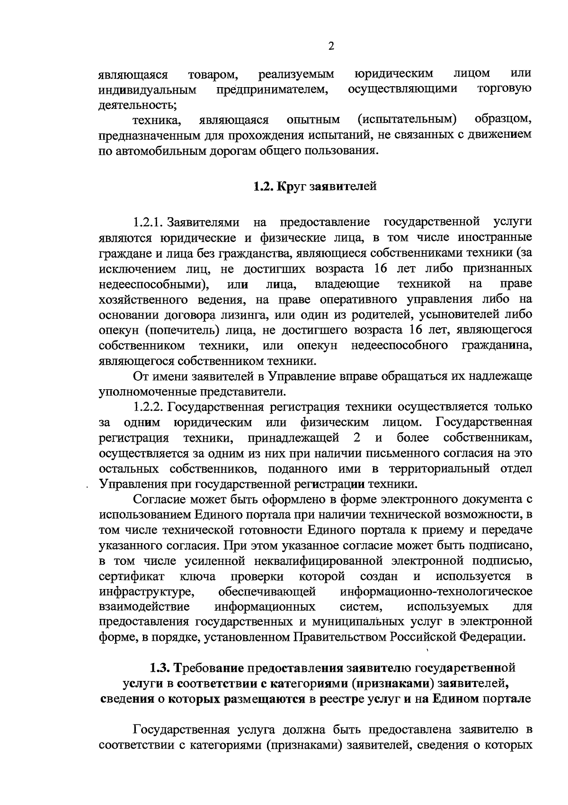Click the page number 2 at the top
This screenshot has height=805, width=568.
click(331, 46)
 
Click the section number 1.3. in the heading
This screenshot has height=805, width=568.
click(160, 668)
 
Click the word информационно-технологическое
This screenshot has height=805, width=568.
click(436, 592)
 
